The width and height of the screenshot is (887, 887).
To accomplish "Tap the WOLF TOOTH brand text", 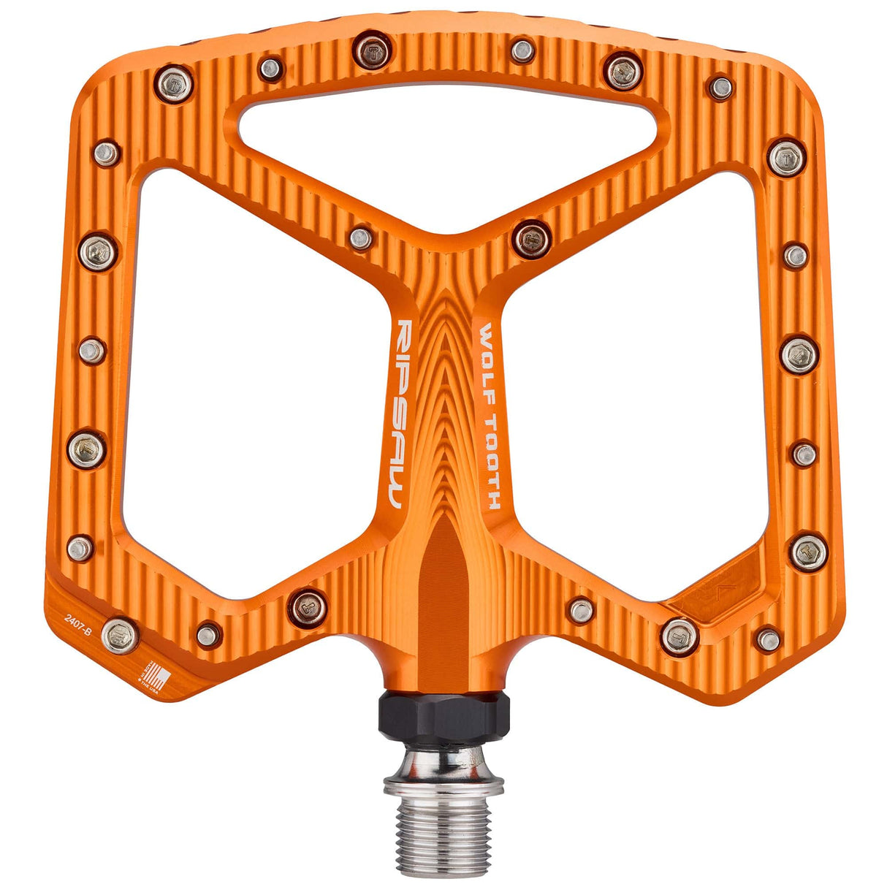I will pyautogui.click(x=488, y=417).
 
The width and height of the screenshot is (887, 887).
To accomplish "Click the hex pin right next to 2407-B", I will pyautogui.click(x=120, y=634).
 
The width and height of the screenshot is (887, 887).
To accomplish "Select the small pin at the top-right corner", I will pyautogui.click(x=721, y=88).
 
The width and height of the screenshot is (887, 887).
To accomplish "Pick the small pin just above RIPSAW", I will pyautogui.click(x=361, y=237).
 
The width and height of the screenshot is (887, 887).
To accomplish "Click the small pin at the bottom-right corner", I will pyautogui.click(x=768, y=639).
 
